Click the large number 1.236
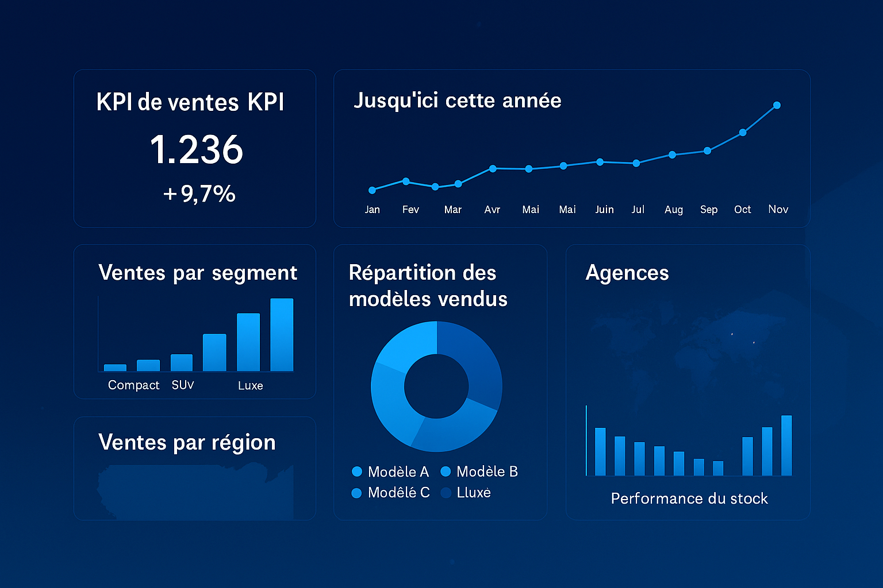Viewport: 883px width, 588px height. coord(196,149)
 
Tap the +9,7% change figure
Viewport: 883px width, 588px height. coord(199,194)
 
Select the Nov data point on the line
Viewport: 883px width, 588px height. coord(777,105)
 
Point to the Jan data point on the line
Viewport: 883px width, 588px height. coord(372,190)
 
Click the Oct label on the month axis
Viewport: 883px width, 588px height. coord(742,210)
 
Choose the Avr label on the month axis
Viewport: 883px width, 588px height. coord(492,210)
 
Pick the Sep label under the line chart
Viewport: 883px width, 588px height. coord(708,210)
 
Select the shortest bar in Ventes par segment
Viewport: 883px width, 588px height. coord(115,367)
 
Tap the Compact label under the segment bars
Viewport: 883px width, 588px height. coord(133,385)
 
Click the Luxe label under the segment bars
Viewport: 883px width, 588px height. coord(250,386)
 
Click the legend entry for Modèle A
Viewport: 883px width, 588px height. coord(390,472)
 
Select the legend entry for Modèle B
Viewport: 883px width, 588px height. coord(479,472)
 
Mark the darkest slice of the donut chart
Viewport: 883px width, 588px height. coord(471,362)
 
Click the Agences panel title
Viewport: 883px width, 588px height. coord(627,273)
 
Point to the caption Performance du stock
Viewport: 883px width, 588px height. coord(689,498)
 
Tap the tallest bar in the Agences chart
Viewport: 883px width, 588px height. coord(786,445)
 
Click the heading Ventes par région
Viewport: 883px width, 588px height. coord(187,443)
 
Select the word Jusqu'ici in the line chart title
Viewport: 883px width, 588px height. coord(396,101)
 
